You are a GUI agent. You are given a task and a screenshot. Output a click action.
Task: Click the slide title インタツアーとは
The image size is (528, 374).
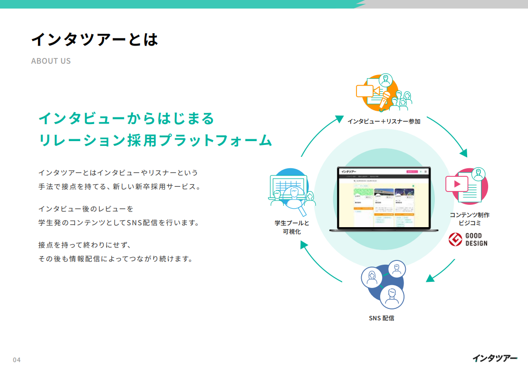click(94, 39)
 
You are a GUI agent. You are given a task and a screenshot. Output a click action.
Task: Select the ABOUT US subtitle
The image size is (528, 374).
click(51, 61)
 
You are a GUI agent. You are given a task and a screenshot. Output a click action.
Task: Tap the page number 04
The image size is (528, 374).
click(17, 360)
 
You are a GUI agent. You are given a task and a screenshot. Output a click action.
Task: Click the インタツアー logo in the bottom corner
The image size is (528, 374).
click(495, 358)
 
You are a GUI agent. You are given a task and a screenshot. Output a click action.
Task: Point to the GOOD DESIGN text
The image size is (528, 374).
click(476, 240)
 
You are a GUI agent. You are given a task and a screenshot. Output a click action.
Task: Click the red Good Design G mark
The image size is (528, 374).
click(455, 240)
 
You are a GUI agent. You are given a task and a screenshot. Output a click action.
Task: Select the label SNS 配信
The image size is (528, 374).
click(381, 318)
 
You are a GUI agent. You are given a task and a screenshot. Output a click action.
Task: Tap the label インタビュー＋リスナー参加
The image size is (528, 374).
click(384, 121)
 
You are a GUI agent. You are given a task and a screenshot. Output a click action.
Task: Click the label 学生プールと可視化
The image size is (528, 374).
click(292, 227)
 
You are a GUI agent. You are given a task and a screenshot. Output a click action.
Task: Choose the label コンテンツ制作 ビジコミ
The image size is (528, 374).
click(470, 219)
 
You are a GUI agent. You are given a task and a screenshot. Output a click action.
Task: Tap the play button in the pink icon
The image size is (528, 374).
click(457, 183)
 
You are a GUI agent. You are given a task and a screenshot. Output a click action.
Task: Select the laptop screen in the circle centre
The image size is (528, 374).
click(383, 198)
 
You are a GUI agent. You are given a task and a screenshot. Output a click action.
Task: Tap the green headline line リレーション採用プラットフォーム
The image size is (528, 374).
click(155, 141)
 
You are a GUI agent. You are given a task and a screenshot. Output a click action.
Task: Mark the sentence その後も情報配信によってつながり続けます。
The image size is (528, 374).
click(115, 259)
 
